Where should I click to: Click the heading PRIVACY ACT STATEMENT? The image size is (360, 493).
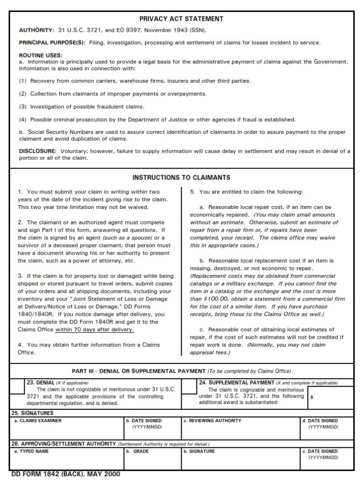coord(181,19)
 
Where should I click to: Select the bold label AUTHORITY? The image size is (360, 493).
coord(36,31)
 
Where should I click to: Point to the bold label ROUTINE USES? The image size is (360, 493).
coord(40,55)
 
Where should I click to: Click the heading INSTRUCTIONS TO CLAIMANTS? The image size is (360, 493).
coord(181,178)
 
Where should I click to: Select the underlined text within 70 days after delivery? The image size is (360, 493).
coord(94,330)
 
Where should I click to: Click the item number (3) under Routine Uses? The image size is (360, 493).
coord(23,106)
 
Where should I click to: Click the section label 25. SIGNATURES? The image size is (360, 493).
coord(32,413)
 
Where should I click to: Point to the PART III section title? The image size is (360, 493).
coord(181,371)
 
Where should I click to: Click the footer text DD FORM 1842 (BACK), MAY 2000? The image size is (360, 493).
coord(66,474)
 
